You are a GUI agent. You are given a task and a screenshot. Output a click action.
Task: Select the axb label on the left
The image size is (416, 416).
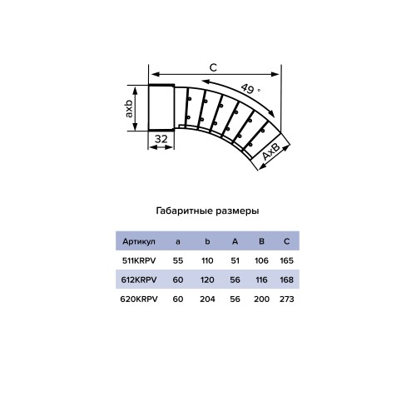130,107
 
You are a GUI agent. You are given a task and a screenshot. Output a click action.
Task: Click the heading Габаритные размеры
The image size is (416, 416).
207,211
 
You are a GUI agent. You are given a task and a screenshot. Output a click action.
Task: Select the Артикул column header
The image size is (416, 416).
139,241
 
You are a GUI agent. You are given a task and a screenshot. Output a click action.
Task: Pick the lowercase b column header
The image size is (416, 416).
206,241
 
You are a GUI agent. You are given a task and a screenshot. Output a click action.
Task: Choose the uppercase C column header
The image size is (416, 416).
286,241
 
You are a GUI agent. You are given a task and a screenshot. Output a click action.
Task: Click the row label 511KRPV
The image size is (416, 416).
139,260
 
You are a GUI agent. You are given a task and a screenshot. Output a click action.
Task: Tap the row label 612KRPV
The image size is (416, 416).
139,279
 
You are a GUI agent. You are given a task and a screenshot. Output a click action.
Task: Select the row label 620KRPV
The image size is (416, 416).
139,298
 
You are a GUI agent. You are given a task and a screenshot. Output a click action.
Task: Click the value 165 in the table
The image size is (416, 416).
286,260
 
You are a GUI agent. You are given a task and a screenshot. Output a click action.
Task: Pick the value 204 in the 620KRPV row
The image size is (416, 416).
206,298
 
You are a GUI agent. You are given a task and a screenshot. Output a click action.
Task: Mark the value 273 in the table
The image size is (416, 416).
286,298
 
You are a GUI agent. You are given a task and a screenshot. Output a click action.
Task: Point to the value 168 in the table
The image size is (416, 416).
286,279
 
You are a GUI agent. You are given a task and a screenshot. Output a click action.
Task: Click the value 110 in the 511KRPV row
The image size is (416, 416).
206,260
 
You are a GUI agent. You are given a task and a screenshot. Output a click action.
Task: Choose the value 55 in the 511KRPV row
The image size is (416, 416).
177,260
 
